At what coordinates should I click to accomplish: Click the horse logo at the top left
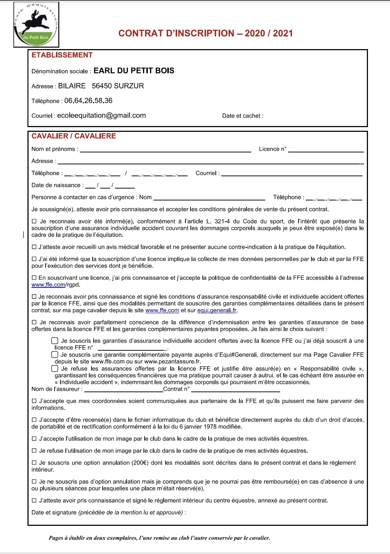point(36,25)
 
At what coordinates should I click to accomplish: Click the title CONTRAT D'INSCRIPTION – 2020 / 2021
point(205,34)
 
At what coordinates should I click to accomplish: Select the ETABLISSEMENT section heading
point(62,55)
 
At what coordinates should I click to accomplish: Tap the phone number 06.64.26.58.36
point(88,101)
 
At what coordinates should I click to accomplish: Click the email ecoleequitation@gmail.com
point(101,116)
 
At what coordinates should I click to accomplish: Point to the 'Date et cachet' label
point(243,116)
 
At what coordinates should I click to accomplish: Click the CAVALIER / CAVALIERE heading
point(74,136)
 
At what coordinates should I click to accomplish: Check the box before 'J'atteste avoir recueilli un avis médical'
point(34,247)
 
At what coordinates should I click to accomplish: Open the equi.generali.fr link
point(217,311)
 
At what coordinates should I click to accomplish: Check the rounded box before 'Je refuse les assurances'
point(55,369)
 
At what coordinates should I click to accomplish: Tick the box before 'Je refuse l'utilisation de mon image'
point(34,451)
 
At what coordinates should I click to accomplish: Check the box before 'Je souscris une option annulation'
point(34,463)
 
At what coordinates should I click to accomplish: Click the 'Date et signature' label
point(54,512)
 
